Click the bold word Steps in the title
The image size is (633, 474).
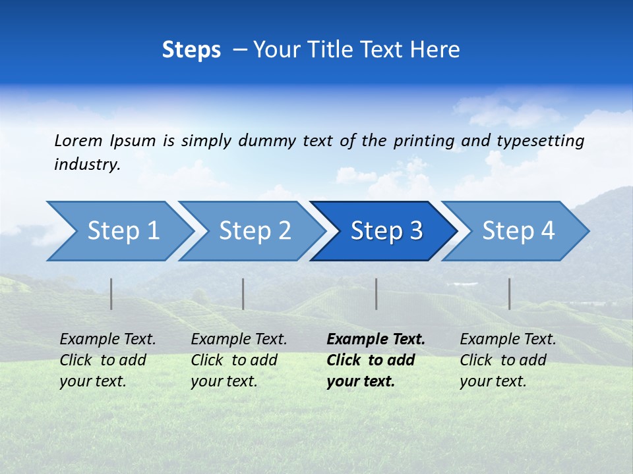click(191, 49)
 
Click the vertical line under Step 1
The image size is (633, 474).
click(111, 294)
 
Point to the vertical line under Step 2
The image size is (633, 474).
click(243, 294)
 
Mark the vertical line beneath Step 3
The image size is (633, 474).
click(377, 294)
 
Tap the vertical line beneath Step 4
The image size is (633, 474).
click(510, 294)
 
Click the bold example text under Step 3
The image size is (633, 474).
click(375, 360)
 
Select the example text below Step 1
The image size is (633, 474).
click(107, 360)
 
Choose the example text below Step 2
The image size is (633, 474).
click(239, 360)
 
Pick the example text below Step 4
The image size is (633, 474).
click(508, 360)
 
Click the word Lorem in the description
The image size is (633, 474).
click(78, 140)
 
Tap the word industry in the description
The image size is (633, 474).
click(87, 164)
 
